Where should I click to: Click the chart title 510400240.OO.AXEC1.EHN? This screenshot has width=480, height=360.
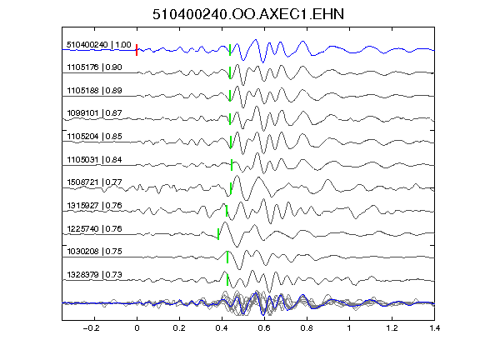pos(248,14)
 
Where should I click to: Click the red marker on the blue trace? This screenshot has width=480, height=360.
pos(137,50)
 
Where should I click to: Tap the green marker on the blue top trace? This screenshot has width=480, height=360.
pos(230,50)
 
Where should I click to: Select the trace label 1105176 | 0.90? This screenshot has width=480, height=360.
pos(94,67)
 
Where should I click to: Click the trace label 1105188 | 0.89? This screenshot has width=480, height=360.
pos(94,91)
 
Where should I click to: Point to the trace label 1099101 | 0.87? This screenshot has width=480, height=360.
pos(94,113)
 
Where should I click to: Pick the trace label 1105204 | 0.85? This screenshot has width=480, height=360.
pos(94,137)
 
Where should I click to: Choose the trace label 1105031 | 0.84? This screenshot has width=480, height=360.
pos(94,160)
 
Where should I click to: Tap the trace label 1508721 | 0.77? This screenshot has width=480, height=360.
pos(94,182)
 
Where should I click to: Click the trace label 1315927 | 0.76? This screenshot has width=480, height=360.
pos(94,205)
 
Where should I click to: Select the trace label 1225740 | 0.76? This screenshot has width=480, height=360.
pos(94,229)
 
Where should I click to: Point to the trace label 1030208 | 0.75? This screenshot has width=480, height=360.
pos(94,252)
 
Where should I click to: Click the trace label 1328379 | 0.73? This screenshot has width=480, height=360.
pos(94,275)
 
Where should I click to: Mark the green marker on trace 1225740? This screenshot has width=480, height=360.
pos(218,234)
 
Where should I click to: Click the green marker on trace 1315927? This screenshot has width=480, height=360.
pos(227,211)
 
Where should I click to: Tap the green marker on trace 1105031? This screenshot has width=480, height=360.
pos(232,165)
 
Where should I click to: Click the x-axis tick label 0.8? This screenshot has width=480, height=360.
pos(307,328)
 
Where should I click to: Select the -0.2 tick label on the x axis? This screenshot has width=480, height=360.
pos(91,328)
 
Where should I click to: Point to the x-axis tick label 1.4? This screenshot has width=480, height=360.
pos(434,328)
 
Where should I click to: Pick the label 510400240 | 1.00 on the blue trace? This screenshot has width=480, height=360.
pos(99,45)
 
